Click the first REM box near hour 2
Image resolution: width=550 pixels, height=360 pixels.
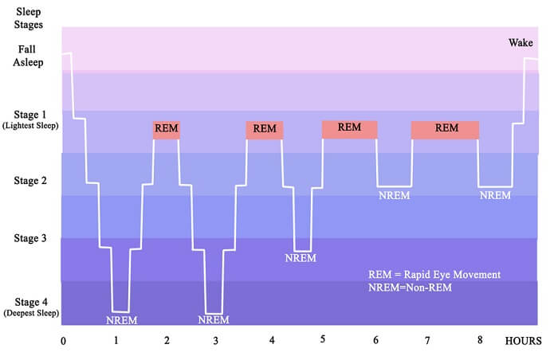[x=167, y=130]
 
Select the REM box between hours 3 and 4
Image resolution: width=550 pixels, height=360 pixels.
[x=265, y=131]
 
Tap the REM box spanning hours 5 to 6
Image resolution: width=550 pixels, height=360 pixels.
[x=350, y=130]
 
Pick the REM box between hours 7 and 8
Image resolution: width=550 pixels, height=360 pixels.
[x=445, y=130]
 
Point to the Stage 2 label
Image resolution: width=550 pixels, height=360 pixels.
[x=30, y=181]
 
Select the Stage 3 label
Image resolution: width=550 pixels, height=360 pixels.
[x=30, y=238]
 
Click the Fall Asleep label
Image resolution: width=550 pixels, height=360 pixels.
[x=28, y=56]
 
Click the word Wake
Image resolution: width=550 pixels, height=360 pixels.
[x=521, y=43]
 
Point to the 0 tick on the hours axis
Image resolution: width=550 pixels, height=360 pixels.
[x=63, y=341]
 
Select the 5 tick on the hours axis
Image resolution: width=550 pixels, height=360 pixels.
[x=323, y=339]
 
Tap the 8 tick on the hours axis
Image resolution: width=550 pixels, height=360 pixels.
[x=480, y=339]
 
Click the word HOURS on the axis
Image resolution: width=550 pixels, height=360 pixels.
[x=524, y=341]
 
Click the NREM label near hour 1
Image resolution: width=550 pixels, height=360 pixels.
[x=122, y=320]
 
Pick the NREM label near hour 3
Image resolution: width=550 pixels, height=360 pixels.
[x=214, y=319]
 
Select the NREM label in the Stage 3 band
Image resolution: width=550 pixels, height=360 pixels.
[x=301, y=258]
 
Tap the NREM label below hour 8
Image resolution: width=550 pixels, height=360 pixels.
[x=495, y=195]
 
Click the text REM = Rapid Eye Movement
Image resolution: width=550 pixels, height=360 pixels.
[x=434, y=275]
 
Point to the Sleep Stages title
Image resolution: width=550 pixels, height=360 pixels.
[x=29, y=18]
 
